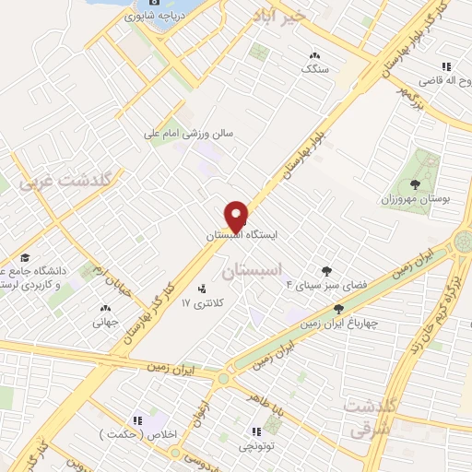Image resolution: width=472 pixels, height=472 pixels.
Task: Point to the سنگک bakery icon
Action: [316, 55]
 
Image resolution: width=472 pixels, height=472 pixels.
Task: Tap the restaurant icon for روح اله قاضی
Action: [446, 66]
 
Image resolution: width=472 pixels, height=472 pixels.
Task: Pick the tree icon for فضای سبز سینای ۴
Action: [325, 270]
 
